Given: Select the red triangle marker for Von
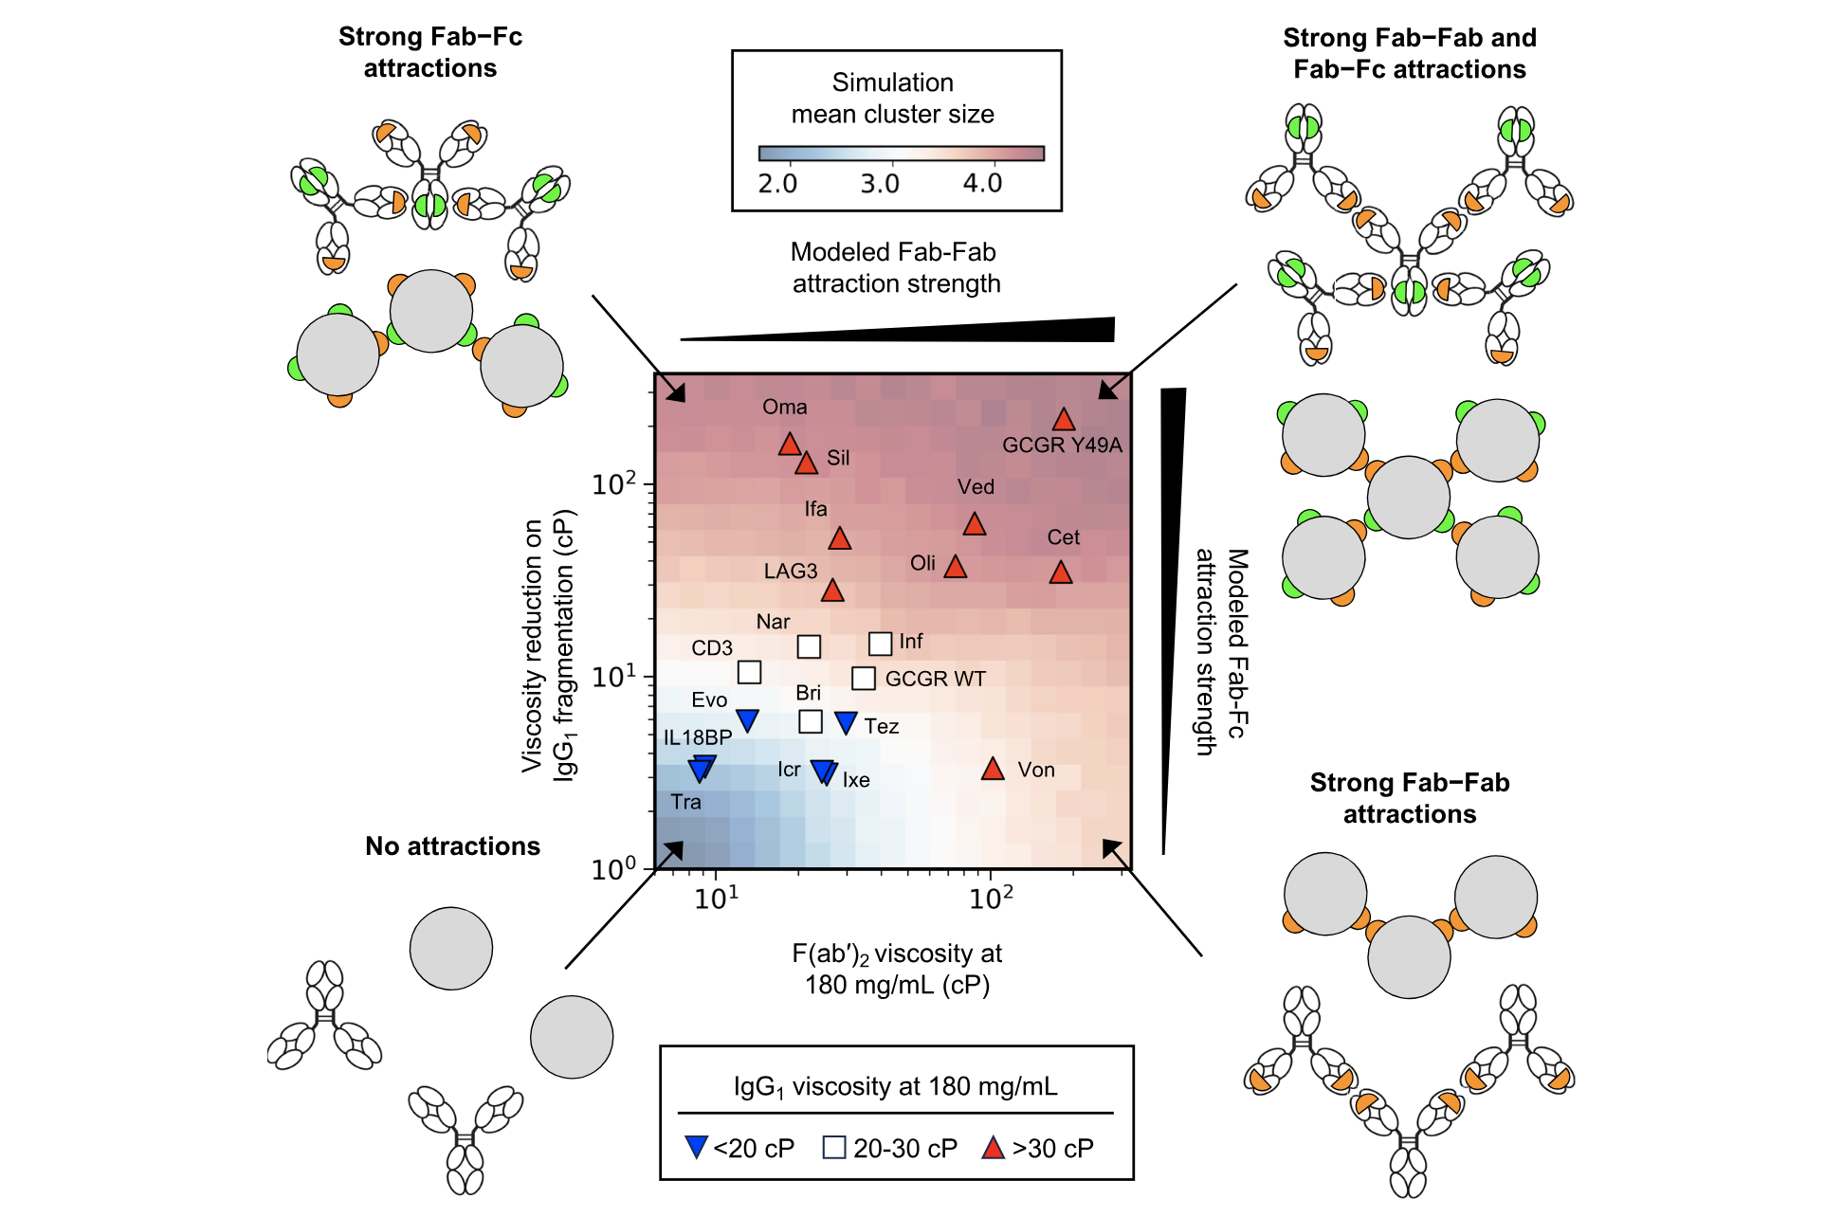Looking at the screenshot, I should coord(993,769).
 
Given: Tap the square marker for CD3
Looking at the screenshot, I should coord(749,672).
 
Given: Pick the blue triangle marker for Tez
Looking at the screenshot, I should coord(846,722).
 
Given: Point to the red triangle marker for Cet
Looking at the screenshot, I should coord(1061,572).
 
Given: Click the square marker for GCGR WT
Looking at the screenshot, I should coord(863,679).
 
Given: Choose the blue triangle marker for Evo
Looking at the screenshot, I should coord(747,719).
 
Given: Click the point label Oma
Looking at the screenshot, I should coord(785,408).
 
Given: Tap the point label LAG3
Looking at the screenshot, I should coord(791,572).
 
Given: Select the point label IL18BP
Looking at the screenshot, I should coord(698,737).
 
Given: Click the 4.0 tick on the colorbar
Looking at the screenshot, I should coord(982,183).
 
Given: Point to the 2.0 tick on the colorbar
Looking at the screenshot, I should coord(777,183).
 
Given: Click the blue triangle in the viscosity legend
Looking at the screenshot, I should coord(696,1148).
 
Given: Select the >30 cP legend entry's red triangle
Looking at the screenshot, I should coord(993,1148).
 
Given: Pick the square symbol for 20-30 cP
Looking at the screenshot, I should coord(834,1148).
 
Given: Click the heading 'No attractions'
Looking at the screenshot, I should coord(452,846).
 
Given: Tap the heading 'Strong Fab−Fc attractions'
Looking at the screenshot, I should coord(430,52).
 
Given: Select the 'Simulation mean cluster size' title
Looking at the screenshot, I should coord(893,99).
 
